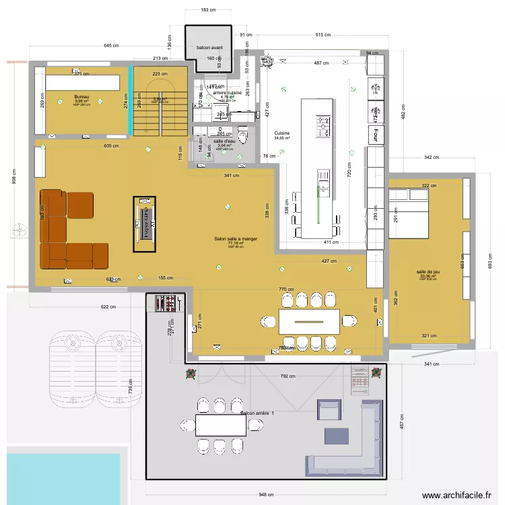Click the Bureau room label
(81, 97)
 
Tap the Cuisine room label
(281, 133)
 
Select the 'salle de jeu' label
(428, 272)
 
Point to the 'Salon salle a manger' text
(236, 239)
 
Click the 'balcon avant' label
(209, 48)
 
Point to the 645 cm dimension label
(112, 46)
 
